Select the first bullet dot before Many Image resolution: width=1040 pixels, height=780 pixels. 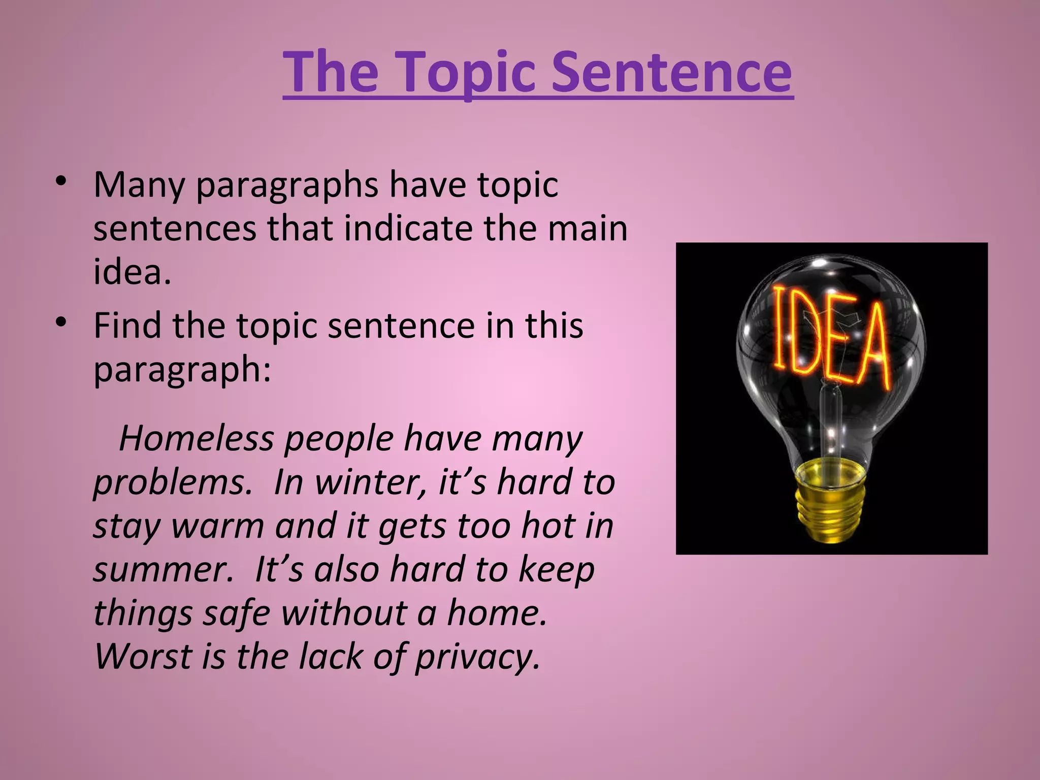(61, 181)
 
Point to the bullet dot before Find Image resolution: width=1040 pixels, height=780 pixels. (61, 322)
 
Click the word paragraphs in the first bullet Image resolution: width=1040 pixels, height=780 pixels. (287, 186)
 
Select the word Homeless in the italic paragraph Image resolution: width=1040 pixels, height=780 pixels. (196, 438)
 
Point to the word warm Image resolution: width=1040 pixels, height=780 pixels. (217, 526)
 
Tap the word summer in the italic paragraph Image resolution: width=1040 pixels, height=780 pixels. (162, 569)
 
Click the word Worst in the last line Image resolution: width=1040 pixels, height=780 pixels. (143, 656)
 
